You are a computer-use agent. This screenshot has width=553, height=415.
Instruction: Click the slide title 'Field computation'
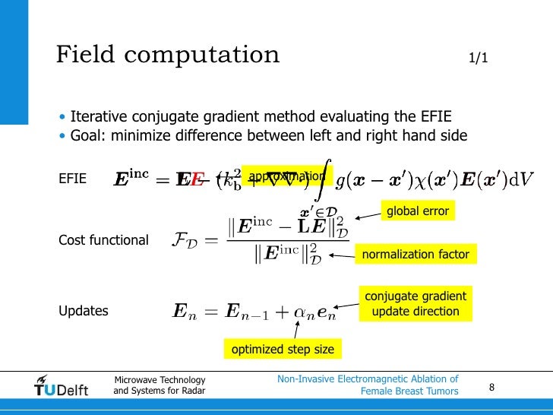[168, 55]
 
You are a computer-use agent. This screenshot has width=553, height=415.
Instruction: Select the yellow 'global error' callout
[418, 211]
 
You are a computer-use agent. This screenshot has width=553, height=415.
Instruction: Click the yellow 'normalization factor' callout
[416, 254]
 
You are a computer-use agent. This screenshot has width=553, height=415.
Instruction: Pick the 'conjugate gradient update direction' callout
[416, 303]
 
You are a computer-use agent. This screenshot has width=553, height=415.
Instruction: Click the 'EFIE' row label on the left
[72, 179]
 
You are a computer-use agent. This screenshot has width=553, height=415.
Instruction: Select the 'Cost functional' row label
[103, 240]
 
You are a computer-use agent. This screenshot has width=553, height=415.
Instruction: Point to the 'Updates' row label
[83, 311]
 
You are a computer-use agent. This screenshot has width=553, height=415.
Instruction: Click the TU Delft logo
[62, 385]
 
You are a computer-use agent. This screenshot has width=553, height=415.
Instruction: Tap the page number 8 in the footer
[491, 388]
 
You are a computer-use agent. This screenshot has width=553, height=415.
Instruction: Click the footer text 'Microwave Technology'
[160, 380]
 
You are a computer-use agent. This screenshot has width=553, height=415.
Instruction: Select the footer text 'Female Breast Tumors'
[409, 391]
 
